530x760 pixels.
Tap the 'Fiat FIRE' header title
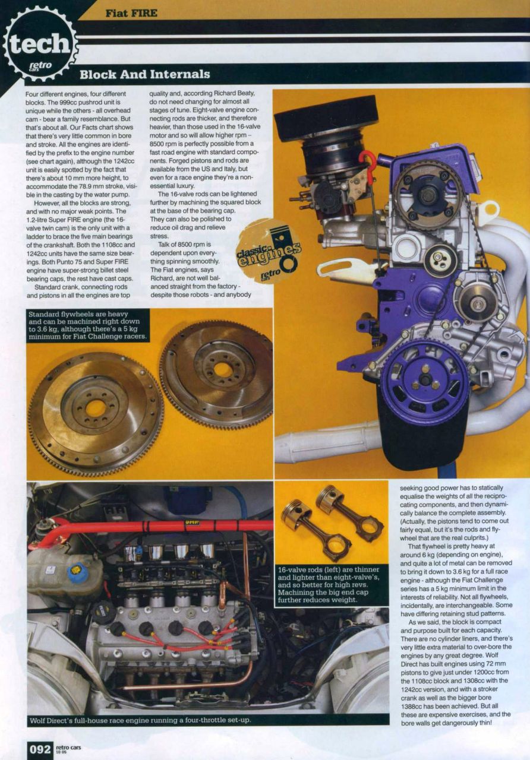click(x=132, y=14)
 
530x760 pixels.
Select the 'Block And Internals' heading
click(x=145, y=74)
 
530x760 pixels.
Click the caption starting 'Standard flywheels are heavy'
click(x=87, y=325)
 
